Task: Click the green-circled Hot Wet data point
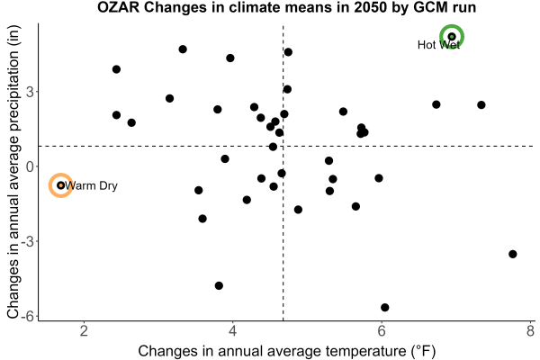[452, 37]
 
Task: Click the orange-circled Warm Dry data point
[61, 185]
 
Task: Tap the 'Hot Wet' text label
[438, 45]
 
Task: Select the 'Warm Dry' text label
[91, 185]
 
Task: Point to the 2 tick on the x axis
[84, 331]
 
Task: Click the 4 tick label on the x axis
[233, 331]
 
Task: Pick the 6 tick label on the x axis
[382, 331]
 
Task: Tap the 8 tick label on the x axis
[530, 331]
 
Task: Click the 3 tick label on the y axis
[30, 92]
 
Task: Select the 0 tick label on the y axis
[30, 166]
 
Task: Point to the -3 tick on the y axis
[27, 241]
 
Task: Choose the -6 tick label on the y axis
[27, 316]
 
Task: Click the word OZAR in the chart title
[118, 7]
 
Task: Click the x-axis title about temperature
[287, 351]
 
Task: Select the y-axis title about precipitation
[13, 172]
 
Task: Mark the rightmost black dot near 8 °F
[513, 254]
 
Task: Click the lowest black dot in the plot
[385, 307]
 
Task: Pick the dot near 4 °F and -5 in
[219, 285]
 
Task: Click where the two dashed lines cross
[283, 147]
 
